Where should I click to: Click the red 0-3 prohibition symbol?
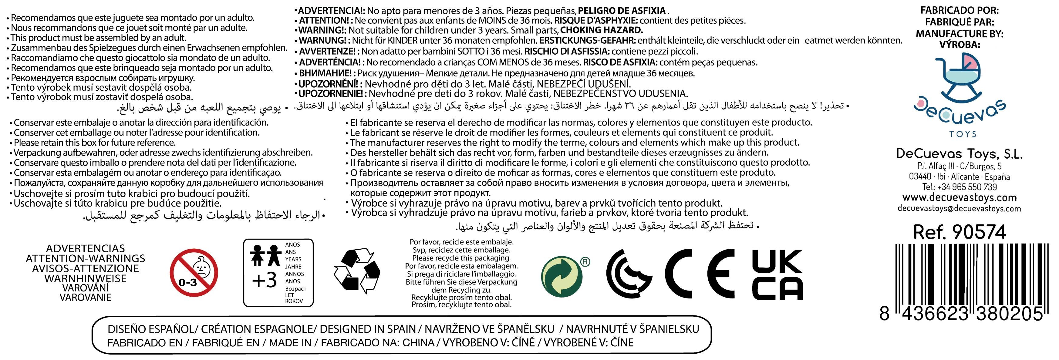pyautogui.click(x=194, y=273)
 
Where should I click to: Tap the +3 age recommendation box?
pyautogui.click(x=278, y=272)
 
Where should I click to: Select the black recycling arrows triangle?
pyautogui.click(x=356, y=271)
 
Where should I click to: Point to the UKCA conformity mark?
pyautogui.click(x=777, y=274)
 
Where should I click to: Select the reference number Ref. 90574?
pyautogui.click(x=959, y=232)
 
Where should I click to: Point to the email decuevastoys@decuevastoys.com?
pyautogui.click(x=959, y=208)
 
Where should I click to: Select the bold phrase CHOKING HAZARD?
pyautogui.click(x=602, y=30)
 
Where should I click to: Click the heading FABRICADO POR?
pyautogui.click(x=959, y=10)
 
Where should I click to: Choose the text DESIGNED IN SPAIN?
pyautogui.click(x=368, y=329)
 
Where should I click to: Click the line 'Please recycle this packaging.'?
pyautogui.click(x=461, y=258)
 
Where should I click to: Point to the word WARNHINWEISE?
pyautogui.click(x=86, y=278)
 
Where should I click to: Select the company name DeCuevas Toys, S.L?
pyautogui.click(x=959, y=154)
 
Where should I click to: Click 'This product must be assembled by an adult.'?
pyautogui.click(x=98, y=38)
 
